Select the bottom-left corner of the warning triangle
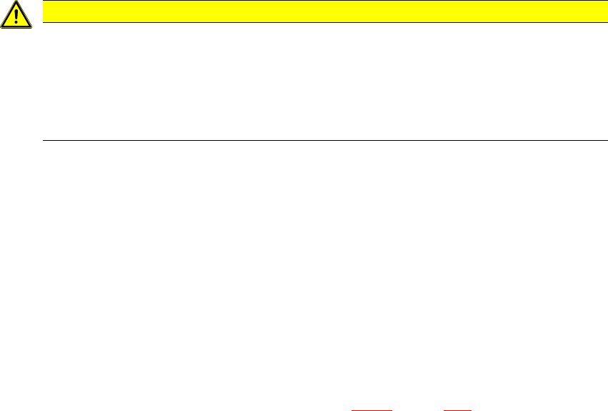tap(1, 26)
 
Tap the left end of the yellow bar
tap(43, 11)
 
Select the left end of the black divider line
tap(43, 140)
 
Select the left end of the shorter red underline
tap(444, 410)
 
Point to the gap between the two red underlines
tap(419, 410)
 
